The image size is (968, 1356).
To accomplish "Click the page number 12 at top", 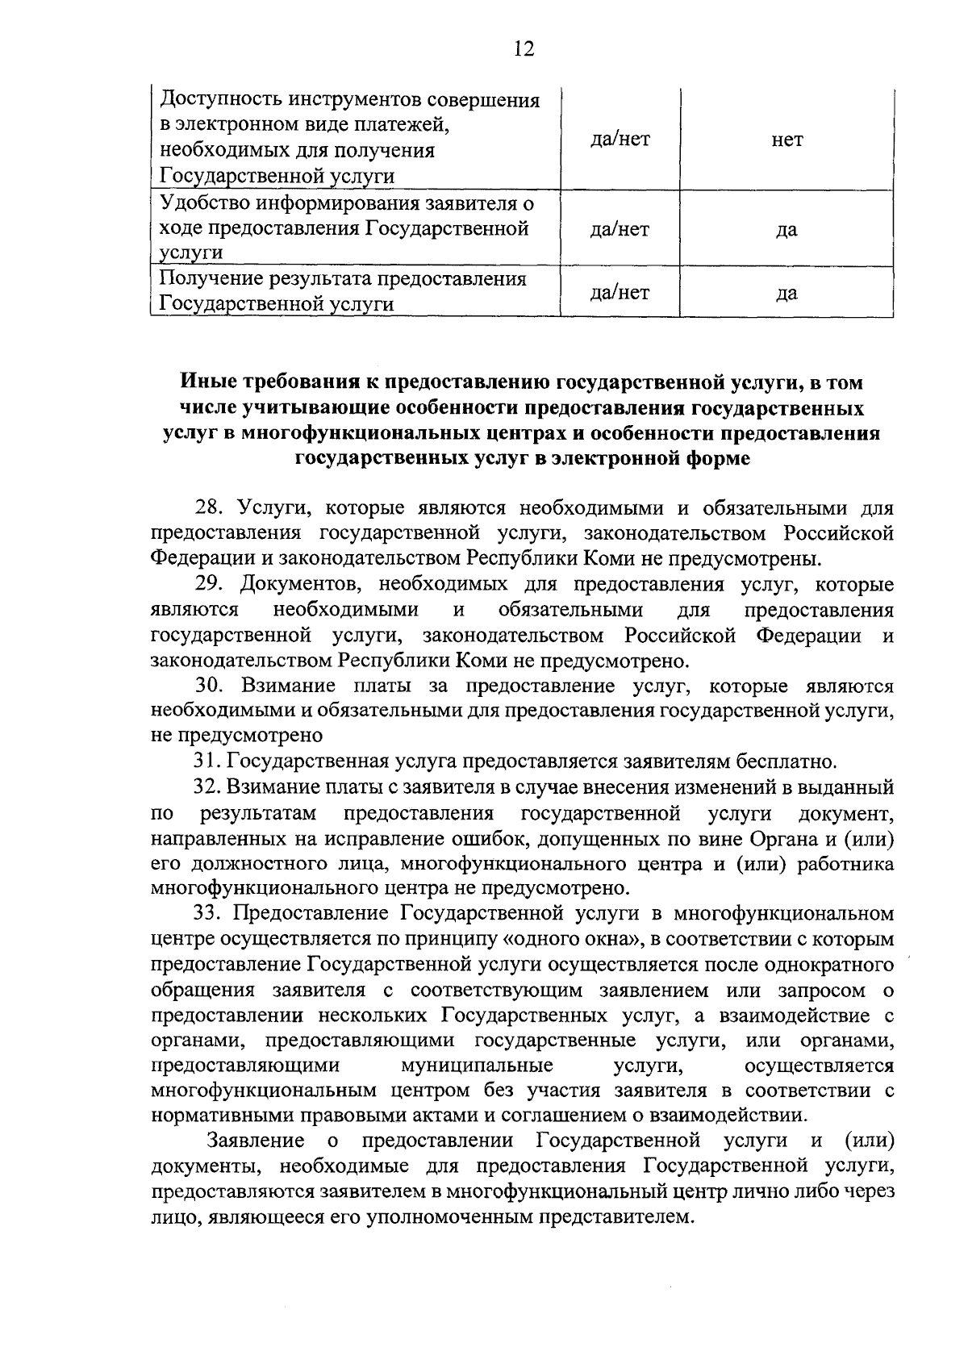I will (524, 49).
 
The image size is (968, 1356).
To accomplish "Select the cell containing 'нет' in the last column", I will (786, 140).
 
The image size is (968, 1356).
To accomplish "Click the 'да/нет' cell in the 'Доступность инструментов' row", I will (620, 140).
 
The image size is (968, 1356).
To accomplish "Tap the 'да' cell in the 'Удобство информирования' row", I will (786, 230).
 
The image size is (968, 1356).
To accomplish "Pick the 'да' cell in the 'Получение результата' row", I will (786, 292).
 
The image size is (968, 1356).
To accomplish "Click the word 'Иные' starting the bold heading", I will (203, 382).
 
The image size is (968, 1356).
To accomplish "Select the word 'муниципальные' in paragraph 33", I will (477, 1066).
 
